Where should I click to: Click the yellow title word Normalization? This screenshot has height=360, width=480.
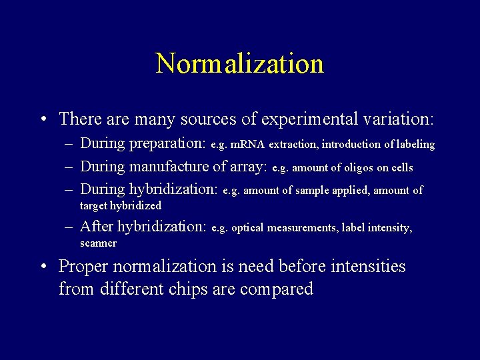(240, 64)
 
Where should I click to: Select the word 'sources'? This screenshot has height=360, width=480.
(215, 119)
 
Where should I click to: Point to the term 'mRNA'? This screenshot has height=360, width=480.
(248, 145)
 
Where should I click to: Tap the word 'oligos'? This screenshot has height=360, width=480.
(359, 168)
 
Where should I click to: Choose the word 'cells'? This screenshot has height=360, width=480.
(401, 168)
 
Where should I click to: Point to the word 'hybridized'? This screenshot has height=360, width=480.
(135, 206)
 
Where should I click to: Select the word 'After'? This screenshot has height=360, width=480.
(97, 227)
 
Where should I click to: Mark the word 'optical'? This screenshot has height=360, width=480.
(247, 228)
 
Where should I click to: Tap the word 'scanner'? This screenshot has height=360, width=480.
(98, 243)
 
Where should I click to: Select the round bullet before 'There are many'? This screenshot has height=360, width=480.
(43, 120)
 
